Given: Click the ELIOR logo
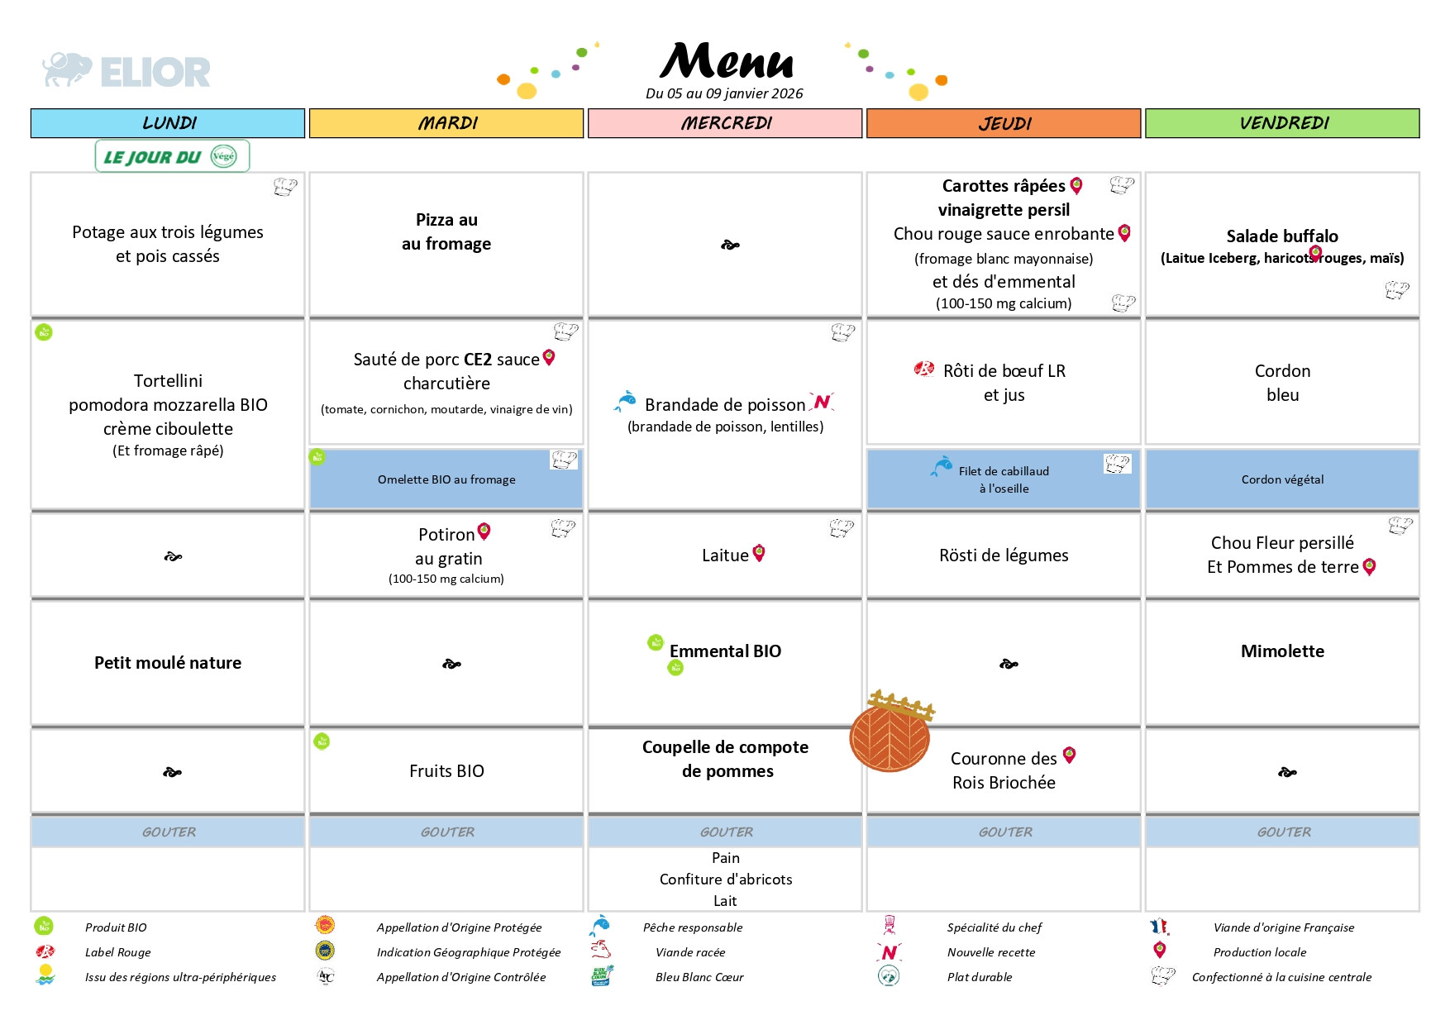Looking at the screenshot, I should [126, 71].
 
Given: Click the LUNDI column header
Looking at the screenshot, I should [168, 123].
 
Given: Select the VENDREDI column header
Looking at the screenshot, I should [1282, 123].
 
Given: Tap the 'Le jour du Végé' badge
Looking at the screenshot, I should [172, 156].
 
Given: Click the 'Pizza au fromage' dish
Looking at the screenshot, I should [446, 231].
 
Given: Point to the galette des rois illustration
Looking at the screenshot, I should [890, 732].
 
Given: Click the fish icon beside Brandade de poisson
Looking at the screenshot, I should [625, 402].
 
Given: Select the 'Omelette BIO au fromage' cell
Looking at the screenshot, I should [446, 479].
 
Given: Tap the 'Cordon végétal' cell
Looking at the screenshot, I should [1282, 479].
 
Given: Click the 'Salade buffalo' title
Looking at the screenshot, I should [1282, 236].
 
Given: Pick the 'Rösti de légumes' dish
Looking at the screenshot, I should [1004, 555].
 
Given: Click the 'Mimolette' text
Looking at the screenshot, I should [1282, 651].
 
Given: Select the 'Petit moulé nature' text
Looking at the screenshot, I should [168, 663].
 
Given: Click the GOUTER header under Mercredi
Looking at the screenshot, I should [726, 832].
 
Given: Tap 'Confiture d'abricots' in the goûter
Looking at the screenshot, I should [726, 880].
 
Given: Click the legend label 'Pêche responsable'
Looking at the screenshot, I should [693, 927].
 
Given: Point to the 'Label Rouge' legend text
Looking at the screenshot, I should [118, 952].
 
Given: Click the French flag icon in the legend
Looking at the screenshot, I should [1159, 927].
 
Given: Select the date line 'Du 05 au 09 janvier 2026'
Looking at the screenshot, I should [724, 93].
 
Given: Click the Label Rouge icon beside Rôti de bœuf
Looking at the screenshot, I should [924, 369].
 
